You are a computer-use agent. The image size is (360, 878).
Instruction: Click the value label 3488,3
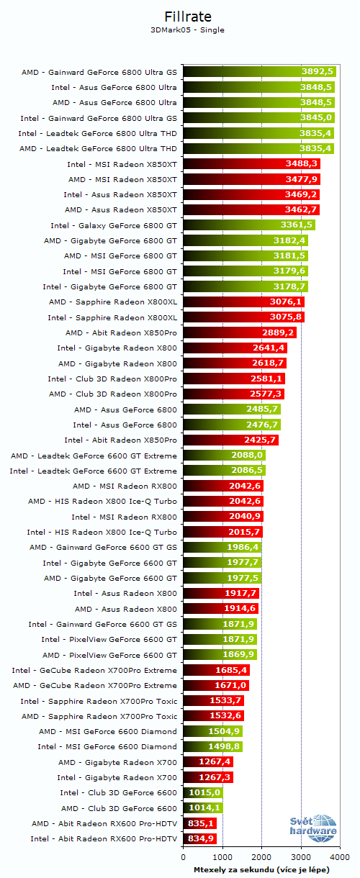tap(302, 164)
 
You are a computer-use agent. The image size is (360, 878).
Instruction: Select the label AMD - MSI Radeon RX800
tap(125, 486)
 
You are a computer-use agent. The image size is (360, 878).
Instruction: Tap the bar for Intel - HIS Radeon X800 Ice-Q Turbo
tap(222, 532)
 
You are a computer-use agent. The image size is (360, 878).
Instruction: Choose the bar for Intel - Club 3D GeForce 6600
tap(202, 792)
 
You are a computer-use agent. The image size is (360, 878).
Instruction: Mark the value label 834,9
tap(201, 838)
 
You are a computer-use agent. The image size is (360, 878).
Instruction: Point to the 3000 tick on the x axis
tap(301, 857)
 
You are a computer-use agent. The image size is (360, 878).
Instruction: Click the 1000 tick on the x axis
tap(222, 857)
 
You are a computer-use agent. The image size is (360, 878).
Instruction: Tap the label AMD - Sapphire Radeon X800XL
tap(112, 302)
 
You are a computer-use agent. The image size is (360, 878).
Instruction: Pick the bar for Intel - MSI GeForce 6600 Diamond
tap(212, 746)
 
